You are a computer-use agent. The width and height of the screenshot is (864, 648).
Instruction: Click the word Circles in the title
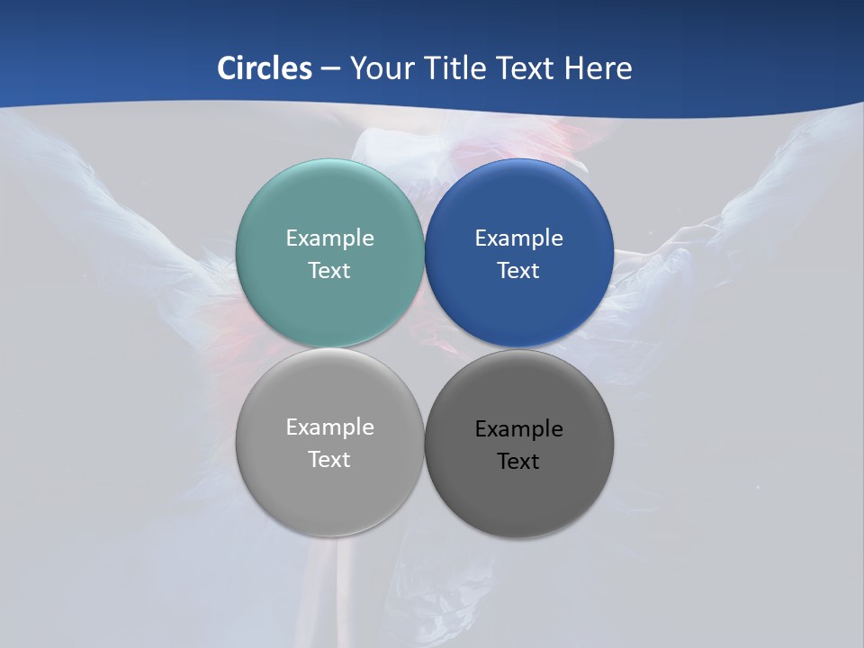(x=265, y=68)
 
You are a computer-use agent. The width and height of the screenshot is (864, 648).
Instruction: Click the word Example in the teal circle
(x=329, y=238)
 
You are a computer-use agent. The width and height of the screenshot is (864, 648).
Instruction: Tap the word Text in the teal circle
(x=329, y=270)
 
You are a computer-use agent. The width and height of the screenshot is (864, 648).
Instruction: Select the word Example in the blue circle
(x=519, y=238)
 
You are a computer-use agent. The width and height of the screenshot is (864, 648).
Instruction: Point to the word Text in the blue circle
(x=519, y=270)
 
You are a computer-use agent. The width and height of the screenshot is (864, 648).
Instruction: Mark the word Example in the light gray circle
(x=329, y=427)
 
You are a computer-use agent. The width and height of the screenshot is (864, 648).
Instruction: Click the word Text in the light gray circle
(x=329, y=459)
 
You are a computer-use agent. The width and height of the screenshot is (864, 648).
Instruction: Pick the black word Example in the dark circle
(x=519, y=428)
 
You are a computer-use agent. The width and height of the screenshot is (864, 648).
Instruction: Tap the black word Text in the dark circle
(x=519, y=461)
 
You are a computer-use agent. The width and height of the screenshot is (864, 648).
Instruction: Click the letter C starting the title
(x=228, y=68)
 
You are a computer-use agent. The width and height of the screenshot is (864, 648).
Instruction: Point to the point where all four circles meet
(x=425, y=347)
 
